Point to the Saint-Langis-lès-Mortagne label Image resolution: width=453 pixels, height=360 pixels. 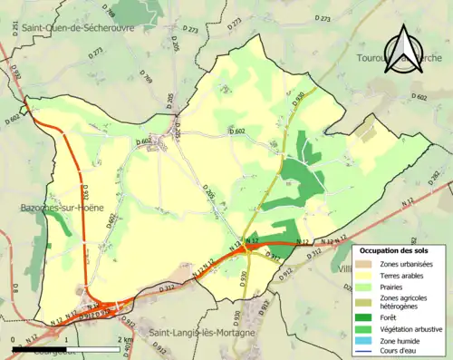[203, 333]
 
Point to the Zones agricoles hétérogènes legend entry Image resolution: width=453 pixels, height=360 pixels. [404, 303]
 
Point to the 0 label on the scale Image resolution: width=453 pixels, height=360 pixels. [14, 338]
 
